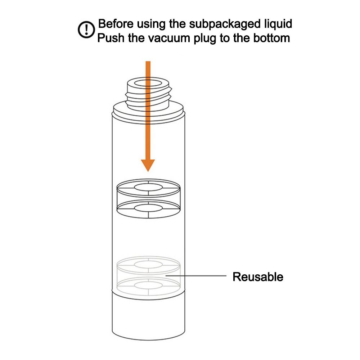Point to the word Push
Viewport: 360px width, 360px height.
111,37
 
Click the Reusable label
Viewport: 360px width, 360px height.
258,277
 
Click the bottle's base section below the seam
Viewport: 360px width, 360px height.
148,317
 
